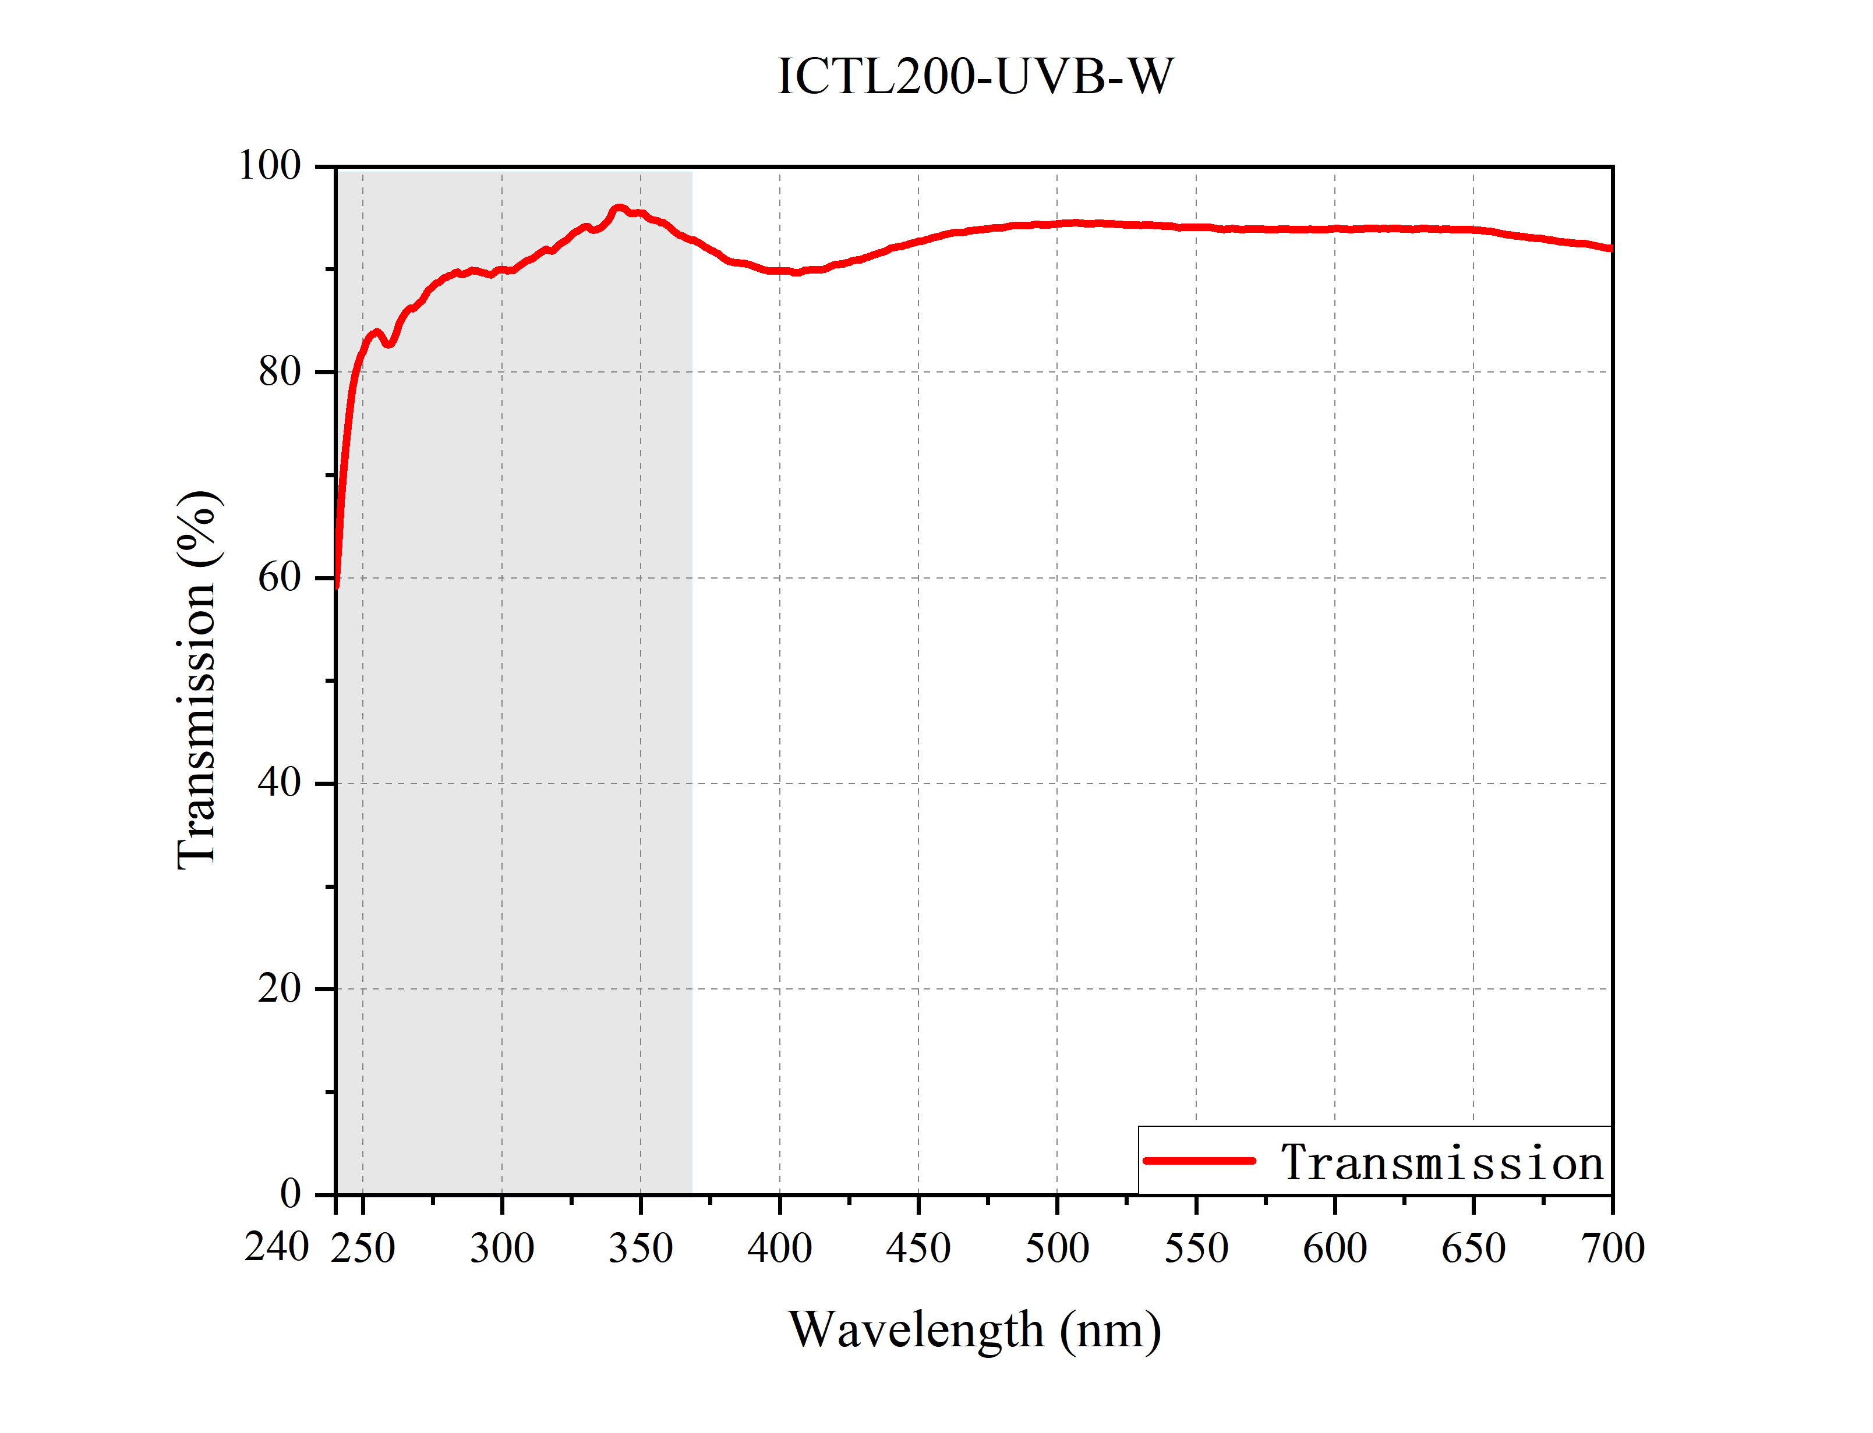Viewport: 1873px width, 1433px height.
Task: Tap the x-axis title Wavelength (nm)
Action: [x=974, y=1330]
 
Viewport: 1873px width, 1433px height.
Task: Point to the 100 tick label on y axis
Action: [x=270, y=165]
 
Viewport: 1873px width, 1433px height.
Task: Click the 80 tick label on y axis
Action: [x=280, y=372]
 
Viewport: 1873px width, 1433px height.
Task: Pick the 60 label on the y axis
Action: [x=280, y=577]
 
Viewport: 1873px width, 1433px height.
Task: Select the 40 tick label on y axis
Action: [x=280, y=783]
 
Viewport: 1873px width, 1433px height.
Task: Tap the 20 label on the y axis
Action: [x=280, y=988]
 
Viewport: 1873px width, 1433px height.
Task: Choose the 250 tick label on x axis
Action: [x=363, y=1248]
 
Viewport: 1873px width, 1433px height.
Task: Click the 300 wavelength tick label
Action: [x=502, y=1248]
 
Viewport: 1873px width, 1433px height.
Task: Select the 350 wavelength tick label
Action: [x=641, y=1248]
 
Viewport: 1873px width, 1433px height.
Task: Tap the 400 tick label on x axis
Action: [x=779, y=1248]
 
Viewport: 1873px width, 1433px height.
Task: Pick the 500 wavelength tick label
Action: [x=1057, y=1248]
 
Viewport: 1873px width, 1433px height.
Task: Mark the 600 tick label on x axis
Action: [x=1334, y=1248]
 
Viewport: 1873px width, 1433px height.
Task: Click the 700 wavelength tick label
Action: [x=1612, y=1248]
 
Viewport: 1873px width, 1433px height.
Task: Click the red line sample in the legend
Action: [x=1199, y=1161]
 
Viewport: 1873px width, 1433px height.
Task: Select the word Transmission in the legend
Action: [x=1442, y=1162]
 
